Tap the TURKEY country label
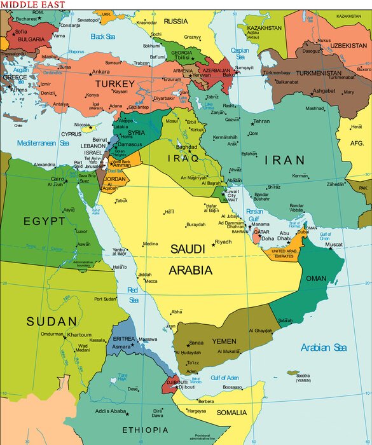point(115,83)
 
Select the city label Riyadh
point(223,242)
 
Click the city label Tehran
point(261,121)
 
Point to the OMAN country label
point(317,278)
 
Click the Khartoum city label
point(79,334)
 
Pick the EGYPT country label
point(44,221)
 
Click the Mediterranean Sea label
point(43,144)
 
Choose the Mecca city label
point(151,281)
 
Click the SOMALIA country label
point(231,413)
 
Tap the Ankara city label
point(100,72)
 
